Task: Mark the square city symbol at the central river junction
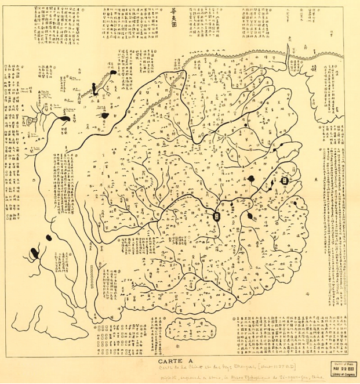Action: (217, 216)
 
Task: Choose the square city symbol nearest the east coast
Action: (285, 180)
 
